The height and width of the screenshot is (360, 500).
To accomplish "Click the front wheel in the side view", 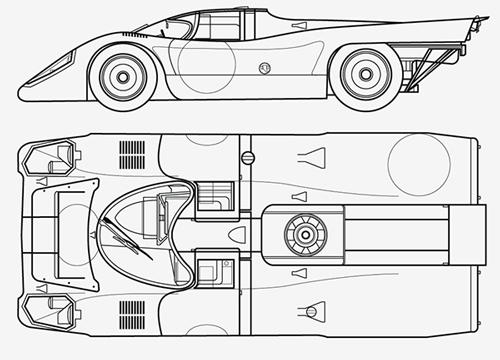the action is [x=124, y=73].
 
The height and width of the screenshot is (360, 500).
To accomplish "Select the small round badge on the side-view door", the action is [x=264, y=69].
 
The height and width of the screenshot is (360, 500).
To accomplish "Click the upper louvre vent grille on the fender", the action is [x=131, y=154].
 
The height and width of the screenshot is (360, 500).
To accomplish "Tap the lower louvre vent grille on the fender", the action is [x=131, y=313].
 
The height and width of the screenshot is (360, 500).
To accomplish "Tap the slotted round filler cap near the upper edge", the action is [x=247, y=157].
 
